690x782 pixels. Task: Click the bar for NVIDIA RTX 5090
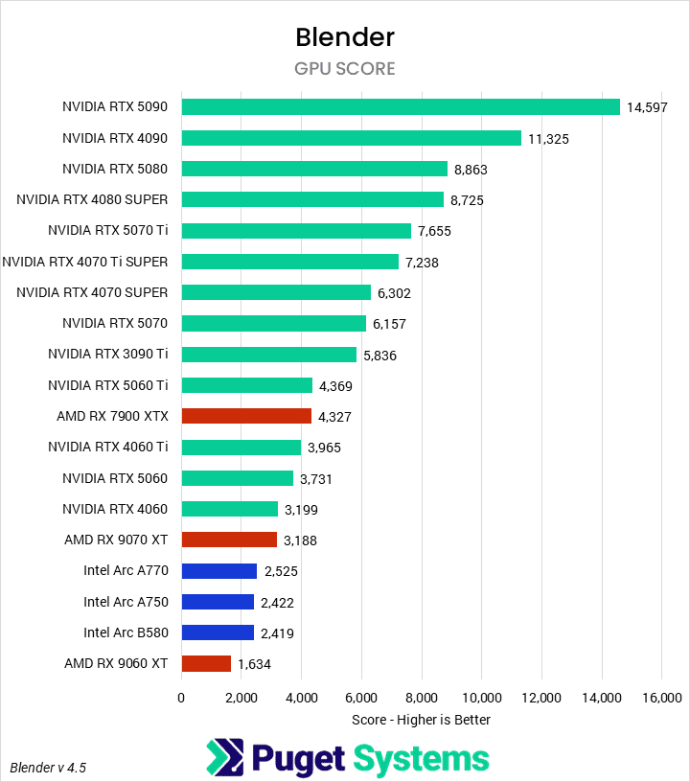[x=401, y=106]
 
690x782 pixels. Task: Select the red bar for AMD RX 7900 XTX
[x=246, y=416]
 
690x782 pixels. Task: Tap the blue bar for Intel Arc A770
[x=219, y=570]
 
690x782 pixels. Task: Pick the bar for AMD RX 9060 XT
[x=206, y=663]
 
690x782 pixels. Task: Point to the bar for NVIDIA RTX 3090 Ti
[x=269, y=355]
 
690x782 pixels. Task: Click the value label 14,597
[x=647, y=107]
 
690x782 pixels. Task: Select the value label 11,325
[x=548, y=138]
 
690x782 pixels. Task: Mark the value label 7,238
[x=426, y=262]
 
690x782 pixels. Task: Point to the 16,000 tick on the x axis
[x=661, y=697]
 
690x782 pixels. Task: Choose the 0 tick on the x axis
[x=181, y=697]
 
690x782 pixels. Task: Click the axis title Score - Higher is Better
[x=421, y=720]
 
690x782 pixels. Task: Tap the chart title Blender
[x=345, y=37]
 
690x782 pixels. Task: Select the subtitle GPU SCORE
[x=345, y=69]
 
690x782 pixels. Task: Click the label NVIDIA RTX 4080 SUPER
[x=92, y=199]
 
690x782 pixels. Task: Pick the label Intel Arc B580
[x=126, y=632]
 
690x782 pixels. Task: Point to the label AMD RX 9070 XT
[x=116, y=540]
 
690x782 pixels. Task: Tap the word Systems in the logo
[x=422, y=759]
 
